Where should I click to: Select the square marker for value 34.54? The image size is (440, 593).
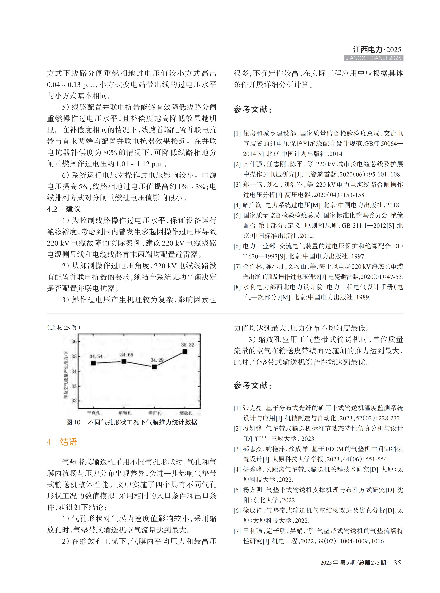pos(93,363)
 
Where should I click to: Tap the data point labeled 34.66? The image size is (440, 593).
pos(124,362)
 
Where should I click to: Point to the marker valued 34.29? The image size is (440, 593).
pos(154,367)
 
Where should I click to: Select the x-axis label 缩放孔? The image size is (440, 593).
pos(186,413)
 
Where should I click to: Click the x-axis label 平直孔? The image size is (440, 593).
pos(94,413)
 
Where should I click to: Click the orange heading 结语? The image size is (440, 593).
pos(68,442)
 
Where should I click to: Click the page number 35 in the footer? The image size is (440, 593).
pos(397,563)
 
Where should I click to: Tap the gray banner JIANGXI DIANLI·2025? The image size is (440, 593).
pos(373,58)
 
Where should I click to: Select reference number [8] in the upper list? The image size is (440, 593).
pos(237,287)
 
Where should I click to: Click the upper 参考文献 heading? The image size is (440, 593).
pos(253,109)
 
